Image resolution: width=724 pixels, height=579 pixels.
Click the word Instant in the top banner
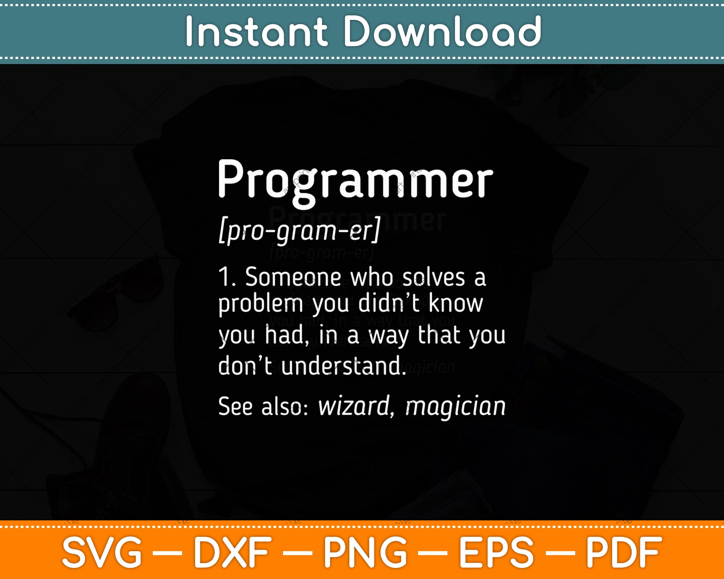[x=256, y=32]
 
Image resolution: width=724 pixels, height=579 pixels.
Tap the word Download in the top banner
[x=442, y=32]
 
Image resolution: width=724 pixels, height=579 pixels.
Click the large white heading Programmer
[x=355, y=183]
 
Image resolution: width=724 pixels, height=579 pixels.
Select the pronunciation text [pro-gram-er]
[x=299, y=231]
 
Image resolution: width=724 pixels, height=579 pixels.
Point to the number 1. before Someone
[x=227, y=277]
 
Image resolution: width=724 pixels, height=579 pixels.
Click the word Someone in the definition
[x=293, y=277]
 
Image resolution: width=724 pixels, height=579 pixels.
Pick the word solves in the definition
[x=433, y=278]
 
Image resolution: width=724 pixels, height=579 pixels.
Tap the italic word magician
[x=455, y=407]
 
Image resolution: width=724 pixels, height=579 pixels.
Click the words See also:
[x=263, y=406]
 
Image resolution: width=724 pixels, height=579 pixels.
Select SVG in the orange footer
[x=102, y=553]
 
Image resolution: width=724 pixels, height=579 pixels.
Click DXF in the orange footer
[x=232, y=553]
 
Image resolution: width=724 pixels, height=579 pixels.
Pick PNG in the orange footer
[x=366, y=553]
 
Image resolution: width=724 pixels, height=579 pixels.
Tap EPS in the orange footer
[x=496, y=553]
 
